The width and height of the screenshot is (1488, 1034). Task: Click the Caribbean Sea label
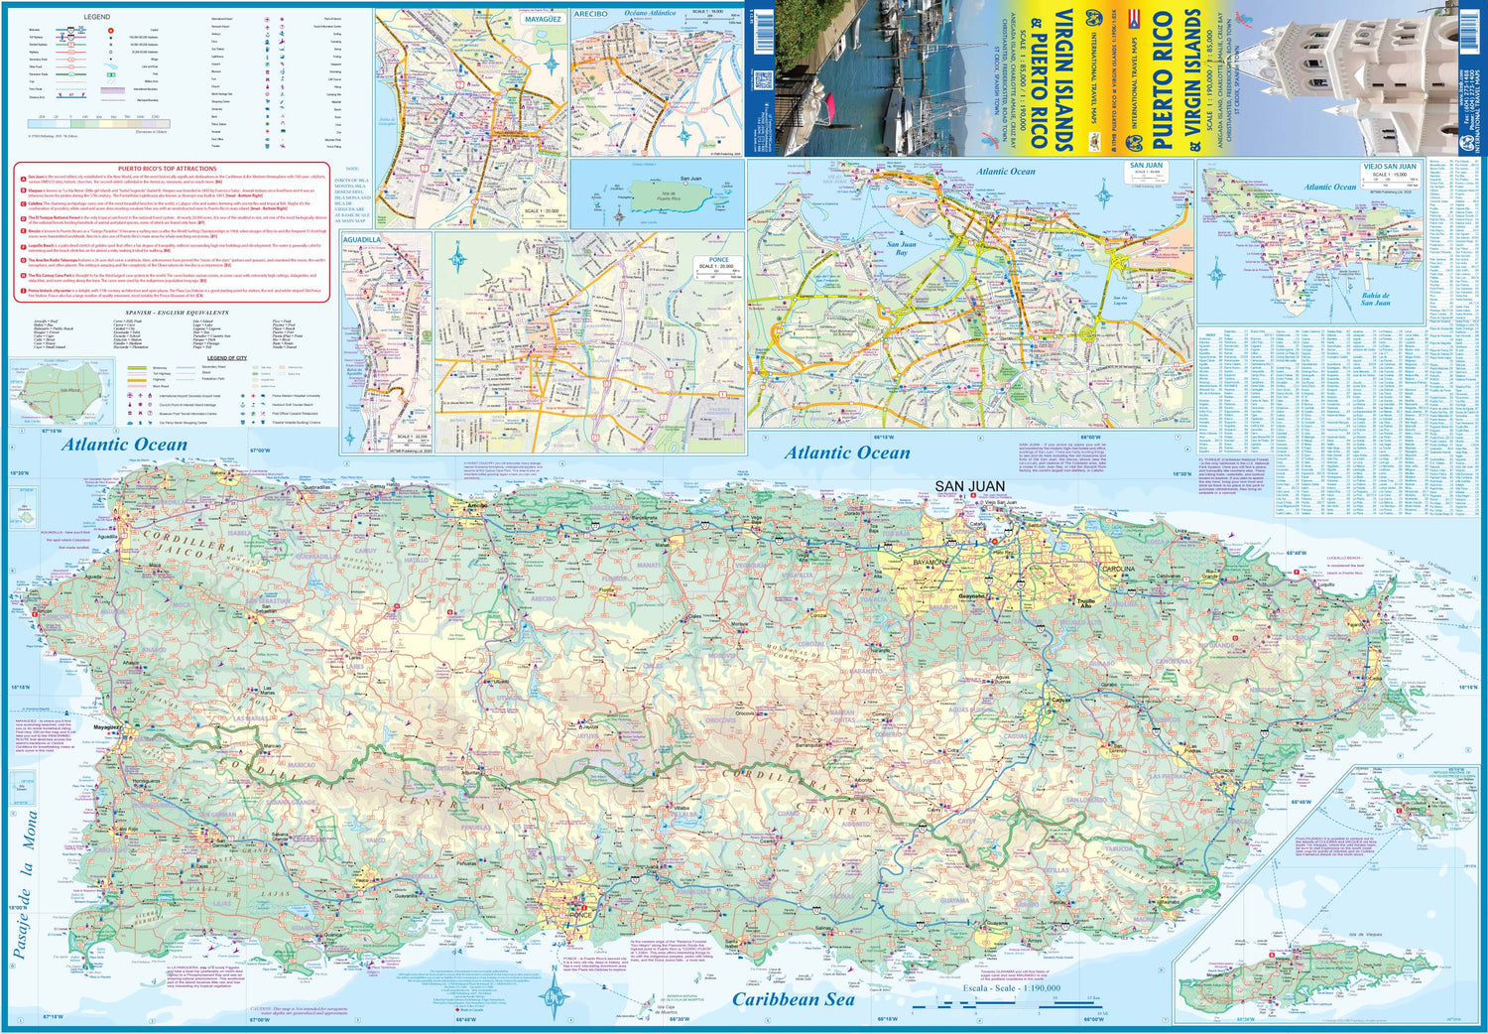[x=793, y=999]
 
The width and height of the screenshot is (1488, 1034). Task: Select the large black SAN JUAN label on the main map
[x=969, y=486]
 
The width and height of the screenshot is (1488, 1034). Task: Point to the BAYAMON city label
[x=930, y=562]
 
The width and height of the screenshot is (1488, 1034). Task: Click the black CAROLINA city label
[x=1118, y=570]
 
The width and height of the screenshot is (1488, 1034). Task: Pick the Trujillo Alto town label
[x=1086, y=602]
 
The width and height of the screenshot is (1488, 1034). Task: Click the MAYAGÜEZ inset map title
[x=542, y=19]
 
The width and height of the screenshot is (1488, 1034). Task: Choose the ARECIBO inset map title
[x=590, y=14]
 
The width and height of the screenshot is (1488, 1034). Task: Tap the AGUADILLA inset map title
[x=361, y=239]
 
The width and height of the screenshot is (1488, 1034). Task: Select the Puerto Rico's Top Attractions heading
[x=167, y=169]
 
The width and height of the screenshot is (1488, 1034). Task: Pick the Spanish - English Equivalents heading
[x=164, y=313]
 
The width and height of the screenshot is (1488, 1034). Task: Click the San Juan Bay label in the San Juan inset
[x=901, y=247]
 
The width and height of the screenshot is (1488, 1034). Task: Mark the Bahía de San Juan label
[x=1375, y=299]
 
